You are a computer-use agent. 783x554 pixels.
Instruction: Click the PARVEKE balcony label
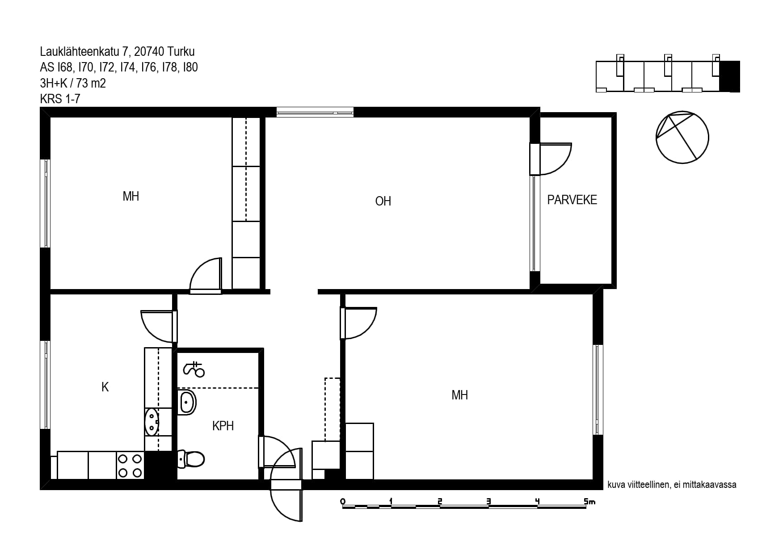(x=572, y=200)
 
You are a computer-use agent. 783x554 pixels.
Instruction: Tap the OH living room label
(x=383, y=201)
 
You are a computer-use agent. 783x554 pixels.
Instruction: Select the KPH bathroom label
(x=223, y=426)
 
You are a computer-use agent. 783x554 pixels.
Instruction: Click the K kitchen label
(x=105, y=387)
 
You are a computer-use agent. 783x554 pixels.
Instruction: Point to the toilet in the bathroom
(x=191, y=459)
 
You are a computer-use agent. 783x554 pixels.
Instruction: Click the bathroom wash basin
(x=187, y=402)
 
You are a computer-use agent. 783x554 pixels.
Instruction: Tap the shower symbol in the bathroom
(x=194, y=369)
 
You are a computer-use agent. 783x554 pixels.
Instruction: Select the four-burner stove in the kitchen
(x=130, y=465)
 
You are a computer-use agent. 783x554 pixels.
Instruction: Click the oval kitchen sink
(x=152, y=422)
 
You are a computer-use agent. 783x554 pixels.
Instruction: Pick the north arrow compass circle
(x=682, y=137)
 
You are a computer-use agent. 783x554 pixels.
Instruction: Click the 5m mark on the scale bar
(x=589, y=501)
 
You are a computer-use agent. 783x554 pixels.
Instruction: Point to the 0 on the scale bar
(x=343, y=501)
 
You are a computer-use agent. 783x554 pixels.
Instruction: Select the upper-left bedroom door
(x=206, y=276)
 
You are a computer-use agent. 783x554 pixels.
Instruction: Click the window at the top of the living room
(x=315, y=112)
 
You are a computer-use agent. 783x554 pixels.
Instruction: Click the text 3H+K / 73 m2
(x=73, y=83)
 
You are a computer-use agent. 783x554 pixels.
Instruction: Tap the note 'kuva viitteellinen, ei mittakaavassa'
(x=672, y=485)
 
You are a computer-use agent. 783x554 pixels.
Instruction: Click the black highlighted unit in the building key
(x=729, y=76)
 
